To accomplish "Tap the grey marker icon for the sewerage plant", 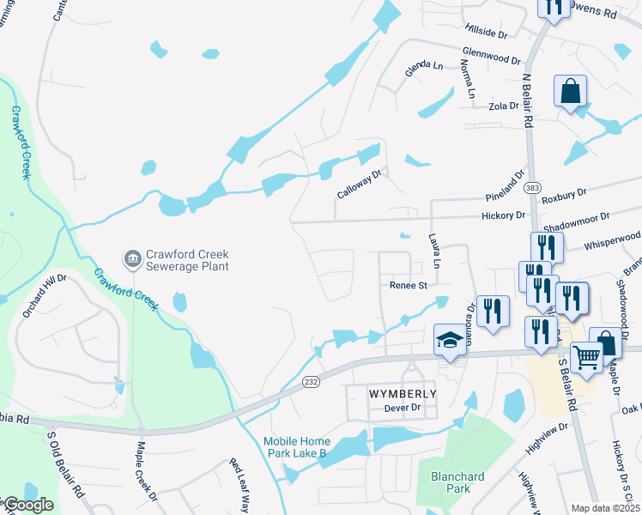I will pyautogui.click(x=132, y=257).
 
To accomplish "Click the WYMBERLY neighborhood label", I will pyautogui.click(x=403, y=393).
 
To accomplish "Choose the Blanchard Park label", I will pyautogui.click(x=457, y=482).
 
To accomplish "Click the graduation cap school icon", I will pyautogui.click(x=449, y=339).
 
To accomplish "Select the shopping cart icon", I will pyautogui.click(x=586, y=357).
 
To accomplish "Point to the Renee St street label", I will pyautogui.click(x=409, y=285).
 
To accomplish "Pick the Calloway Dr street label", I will pyautogui.click(x=358, y=184).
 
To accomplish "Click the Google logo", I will pyautogui.click(x=27, y=506).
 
